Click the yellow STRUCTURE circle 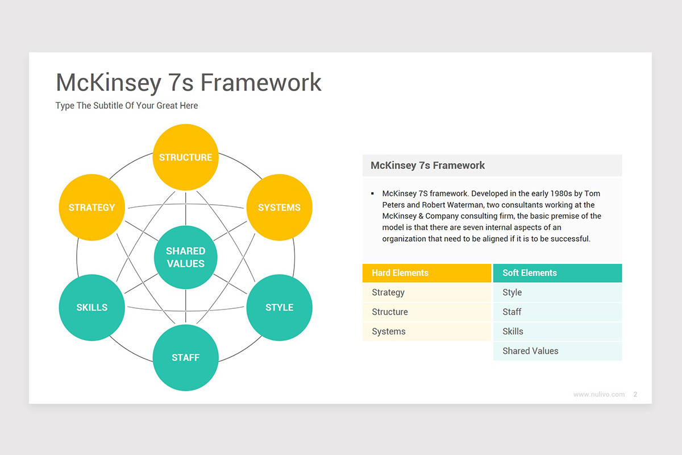(185, 157)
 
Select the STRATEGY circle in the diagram (92, 208)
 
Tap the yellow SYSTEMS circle (279, 208)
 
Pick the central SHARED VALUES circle (185, 257)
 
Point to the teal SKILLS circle (92, 307)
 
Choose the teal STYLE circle (279, 307)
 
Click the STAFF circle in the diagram (185, 357)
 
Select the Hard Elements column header (426, 273)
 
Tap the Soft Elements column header (557, 273)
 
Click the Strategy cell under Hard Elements (426, 292)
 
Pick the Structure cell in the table (426, 312)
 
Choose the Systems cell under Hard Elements (426, 332)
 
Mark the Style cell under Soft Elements (557, 292)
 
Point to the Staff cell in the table (557, 312)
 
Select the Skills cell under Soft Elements (557, 332)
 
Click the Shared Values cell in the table (557, 351)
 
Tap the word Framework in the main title (261, 82)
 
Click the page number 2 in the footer (635, 394)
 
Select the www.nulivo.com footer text (599, 394)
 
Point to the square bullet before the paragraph (372, 194)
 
